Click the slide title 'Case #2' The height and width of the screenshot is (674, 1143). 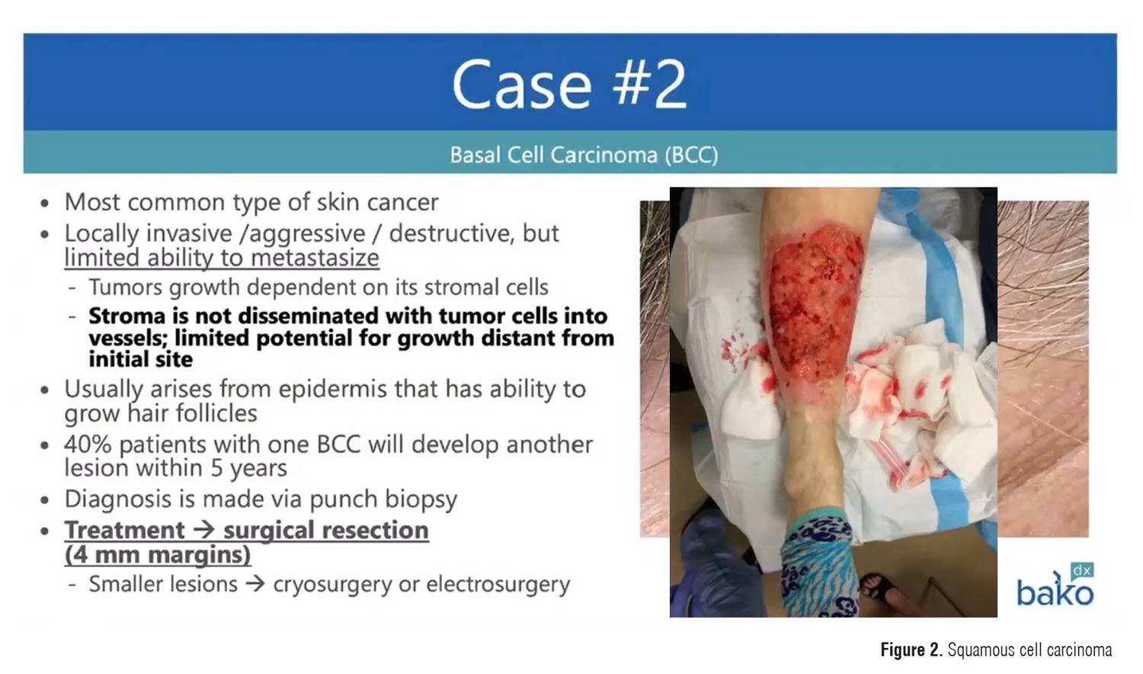coord(569,84)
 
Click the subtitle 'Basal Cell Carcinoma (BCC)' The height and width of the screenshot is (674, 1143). coord(584,155)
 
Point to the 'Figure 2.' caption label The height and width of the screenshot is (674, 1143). coord(911,650)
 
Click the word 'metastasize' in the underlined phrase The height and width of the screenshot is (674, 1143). coord(315,258)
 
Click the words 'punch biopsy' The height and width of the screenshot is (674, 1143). coord(383,499)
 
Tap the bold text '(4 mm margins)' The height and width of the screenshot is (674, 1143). coord(158,554)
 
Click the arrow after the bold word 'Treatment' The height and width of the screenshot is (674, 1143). coord(203,530)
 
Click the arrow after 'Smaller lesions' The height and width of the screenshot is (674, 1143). coord(255,584)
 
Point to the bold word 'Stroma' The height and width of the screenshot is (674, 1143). coord(127,316)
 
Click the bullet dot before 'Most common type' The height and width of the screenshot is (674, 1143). coord(46,204)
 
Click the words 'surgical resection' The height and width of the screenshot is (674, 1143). coord(326,530)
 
